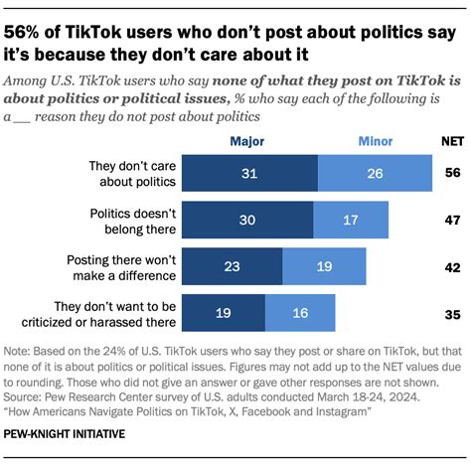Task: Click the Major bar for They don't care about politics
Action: (250, 172)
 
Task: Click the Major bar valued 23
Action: (233, 265)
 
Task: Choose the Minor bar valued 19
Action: (324, 265)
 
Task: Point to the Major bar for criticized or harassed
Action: (224, 312)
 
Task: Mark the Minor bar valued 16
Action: (301, 312)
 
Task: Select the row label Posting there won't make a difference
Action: (119, 265)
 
